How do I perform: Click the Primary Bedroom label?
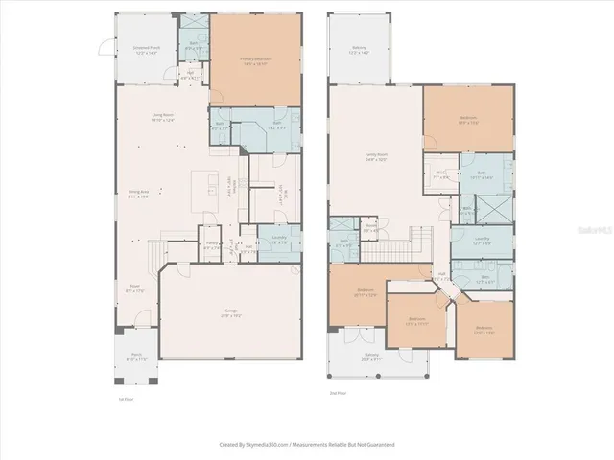coord(255,60)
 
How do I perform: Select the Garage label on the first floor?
coord(231,312)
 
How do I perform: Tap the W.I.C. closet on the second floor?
coord(441,175)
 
